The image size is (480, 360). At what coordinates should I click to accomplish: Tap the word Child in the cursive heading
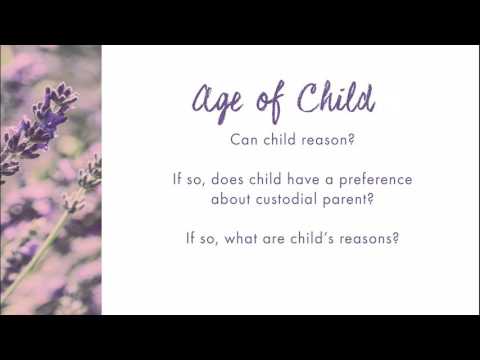pos(330,99)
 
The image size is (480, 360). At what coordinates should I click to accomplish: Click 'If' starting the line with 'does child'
pos(176,180)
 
